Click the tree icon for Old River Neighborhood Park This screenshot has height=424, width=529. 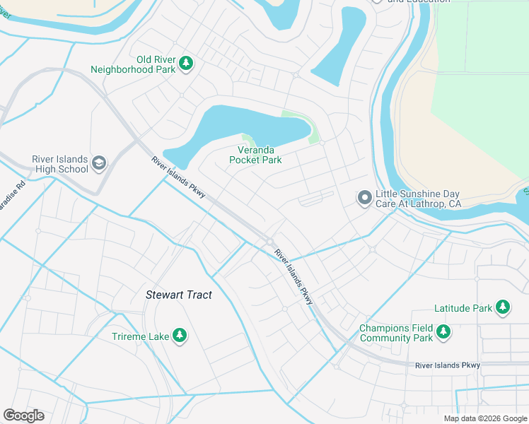coord(186,64)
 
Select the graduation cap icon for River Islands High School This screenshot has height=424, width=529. coord(99,163)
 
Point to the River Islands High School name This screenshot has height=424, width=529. coord(60,164)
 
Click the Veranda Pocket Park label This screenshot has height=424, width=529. coord(255,155)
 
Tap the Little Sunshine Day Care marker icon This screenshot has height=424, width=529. coord(364,198)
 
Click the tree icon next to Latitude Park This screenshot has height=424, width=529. coord(503,307)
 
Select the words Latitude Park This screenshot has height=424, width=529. coord(463,309)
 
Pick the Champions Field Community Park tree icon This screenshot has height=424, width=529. coord(443,331)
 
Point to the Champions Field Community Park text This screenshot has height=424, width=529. coord(395,333)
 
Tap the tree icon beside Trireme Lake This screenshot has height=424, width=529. coord(180,335)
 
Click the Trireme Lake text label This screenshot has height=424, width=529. coord(140,336)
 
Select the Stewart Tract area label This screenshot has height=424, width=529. coord(178,295)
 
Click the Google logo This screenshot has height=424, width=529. coord(23,416)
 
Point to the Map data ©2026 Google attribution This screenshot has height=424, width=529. coord(484,418)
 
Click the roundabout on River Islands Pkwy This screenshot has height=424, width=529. coord(270,242)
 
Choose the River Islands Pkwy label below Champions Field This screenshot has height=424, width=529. coord(448,365)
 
